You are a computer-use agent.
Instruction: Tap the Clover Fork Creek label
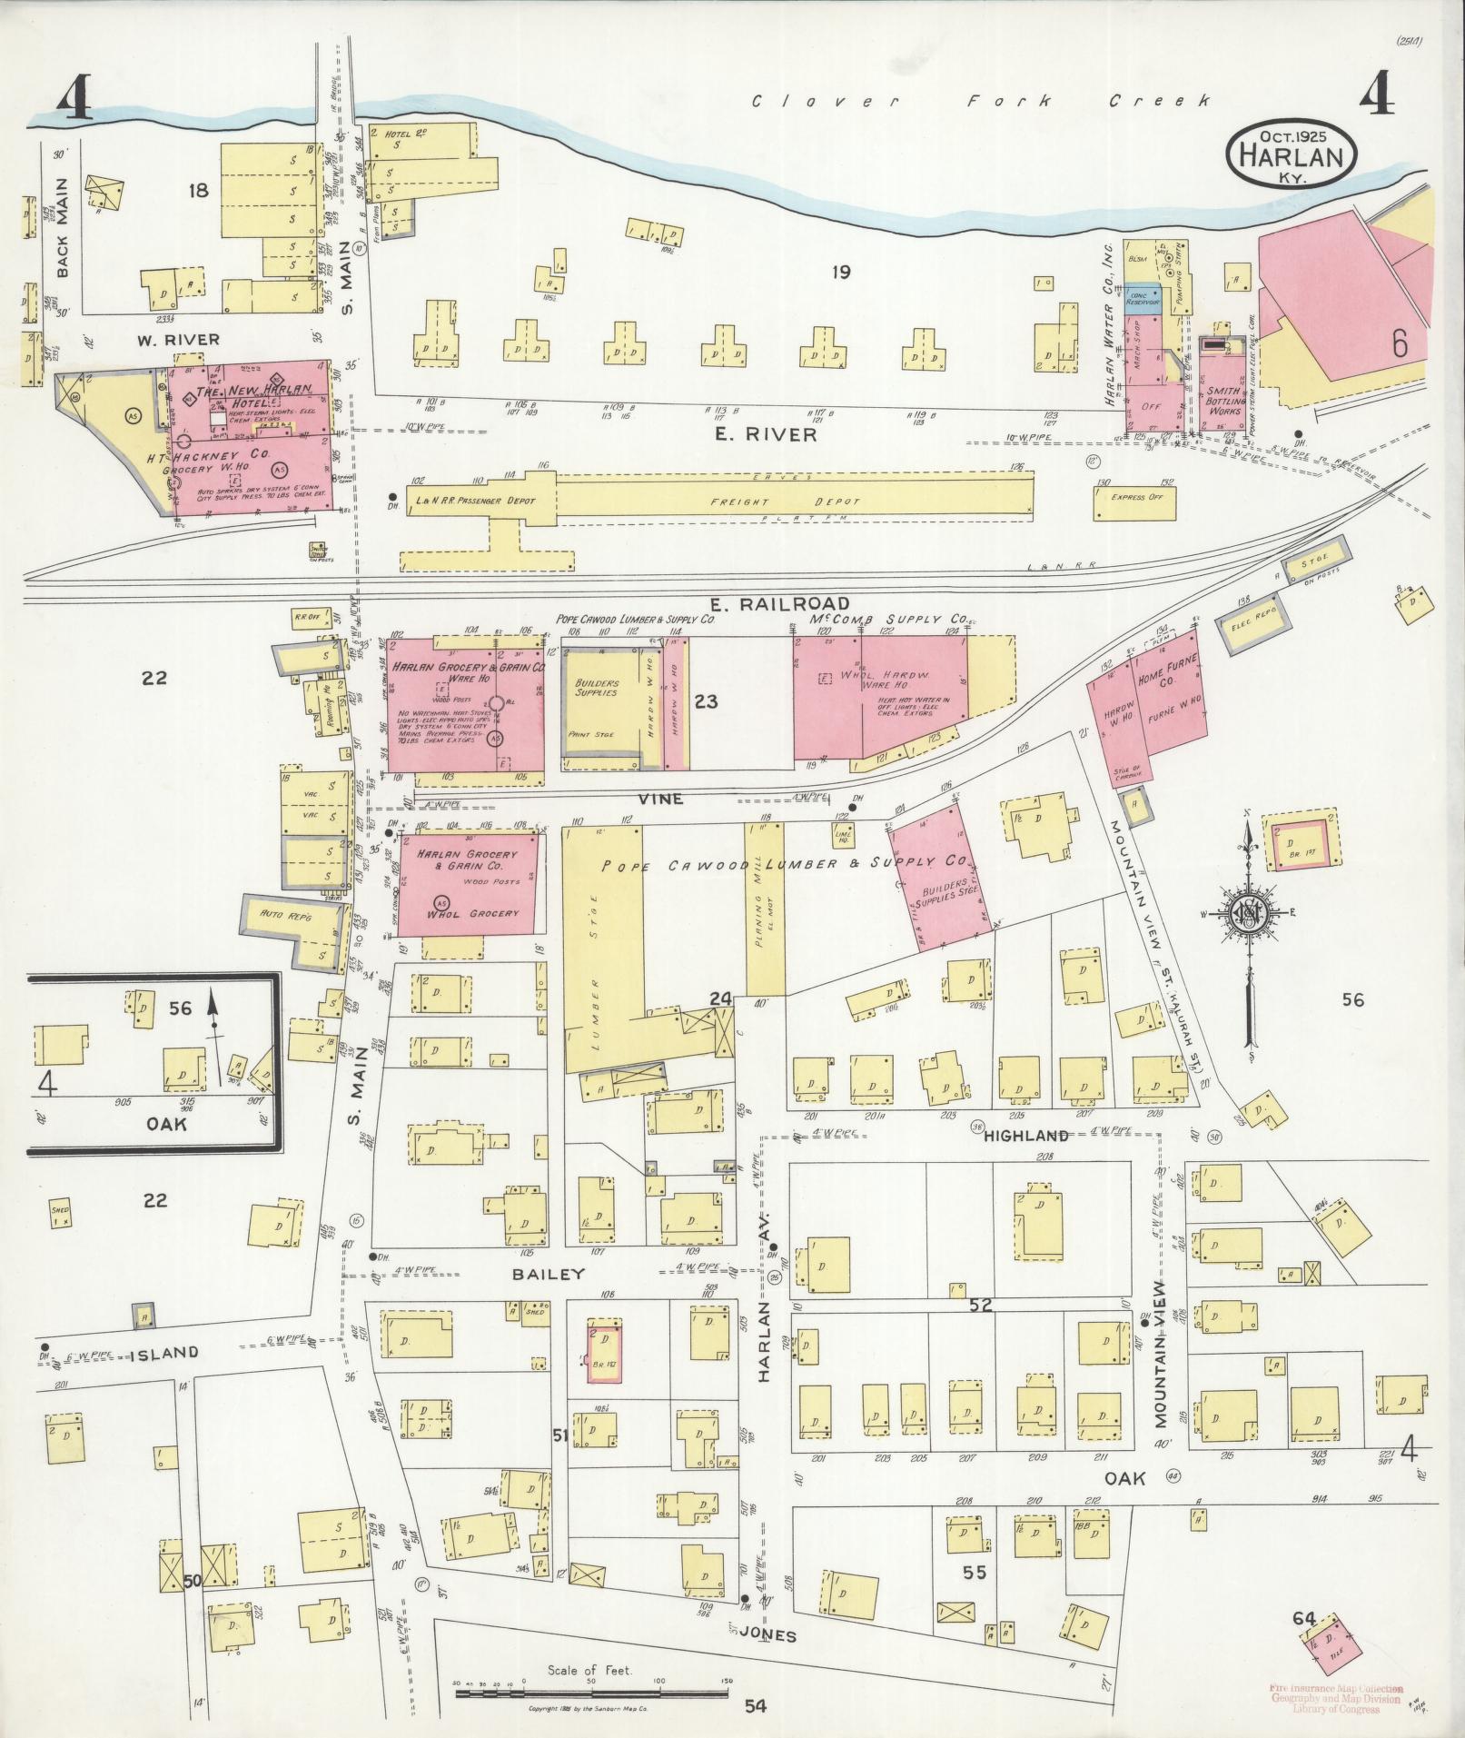(x=982, y=101)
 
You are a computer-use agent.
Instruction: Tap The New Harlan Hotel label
(x=247, y=394)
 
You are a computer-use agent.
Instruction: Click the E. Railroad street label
(x=779, y=603)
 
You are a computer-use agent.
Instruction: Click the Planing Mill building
(x=765, y=909)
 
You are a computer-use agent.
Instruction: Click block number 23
(x=706, y=700)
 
